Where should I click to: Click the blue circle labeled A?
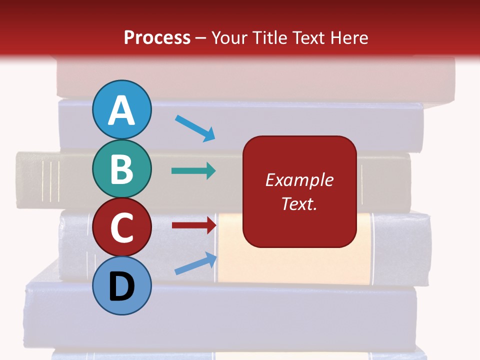click(x=121, y=109)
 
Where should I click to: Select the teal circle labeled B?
click(x=121, y=169)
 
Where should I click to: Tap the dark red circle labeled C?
click(x=121, y=227)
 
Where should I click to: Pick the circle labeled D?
click(x=121, y=285)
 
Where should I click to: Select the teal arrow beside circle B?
click(x=193, y=171)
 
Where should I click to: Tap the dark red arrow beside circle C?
click(x=193, y=225)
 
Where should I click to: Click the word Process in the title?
click(x=157, y=38)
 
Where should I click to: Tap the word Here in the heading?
click(x=350, y=38)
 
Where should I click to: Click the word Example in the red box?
click(x=299, y=180)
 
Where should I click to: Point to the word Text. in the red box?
click(x=299, y=203)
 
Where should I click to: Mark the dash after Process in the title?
click(x=201, y=38)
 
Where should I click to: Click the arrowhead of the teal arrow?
click(x=210, y=171)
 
